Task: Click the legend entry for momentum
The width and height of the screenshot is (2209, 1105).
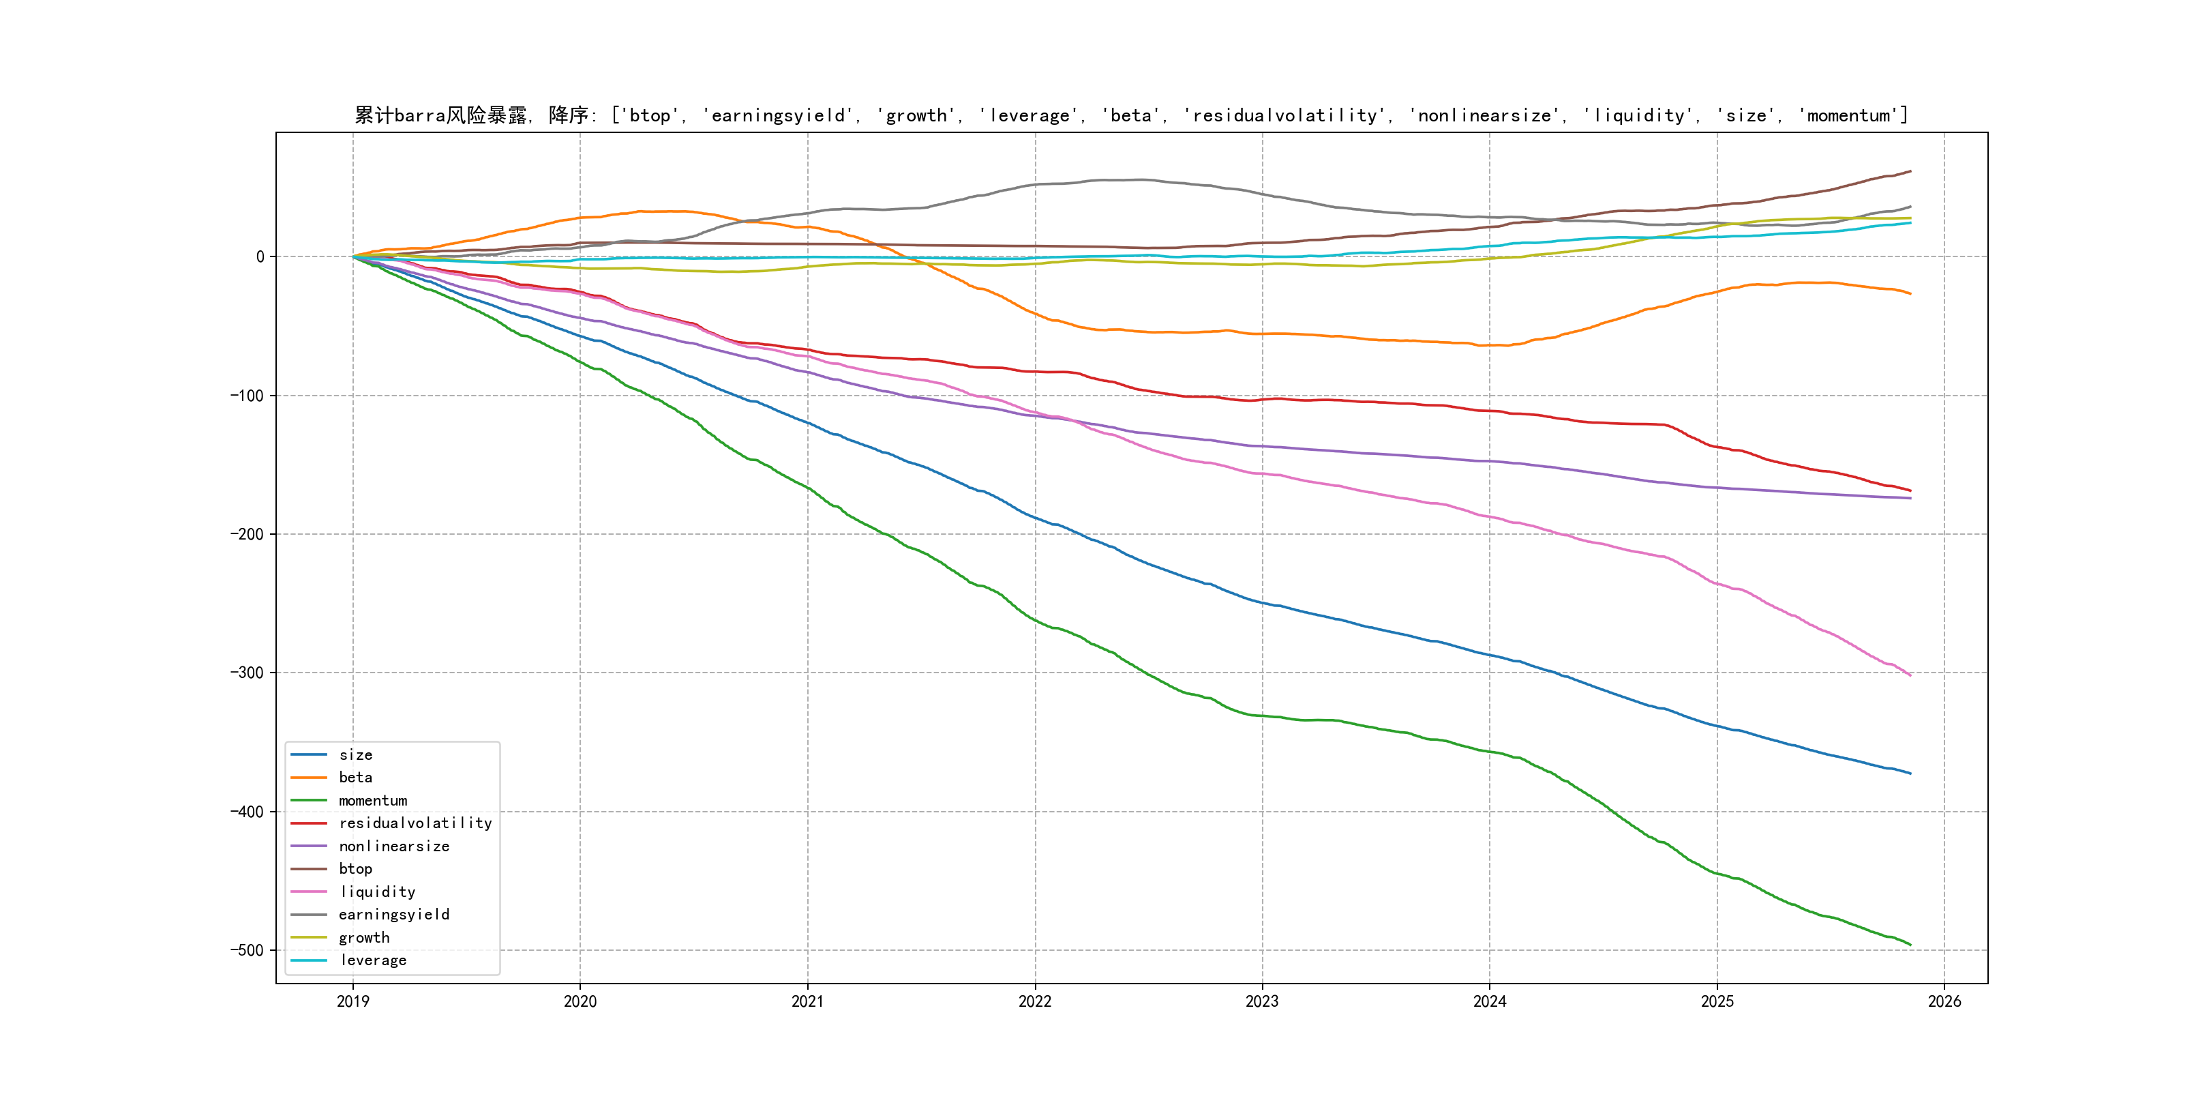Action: coord(372,800)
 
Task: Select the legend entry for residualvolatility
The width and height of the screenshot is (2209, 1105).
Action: coord(415,823)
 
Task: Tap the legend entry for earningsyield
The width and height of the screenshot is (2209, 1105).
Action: coord(393,915)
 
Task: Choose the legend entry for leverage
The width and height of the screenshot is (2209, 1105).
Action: coord(372,960)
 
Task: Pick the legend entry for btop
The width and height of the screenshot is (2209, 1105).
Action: coord(355,869)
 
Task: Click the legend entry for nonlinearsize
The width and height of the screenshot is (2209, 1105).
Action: coord(393,846)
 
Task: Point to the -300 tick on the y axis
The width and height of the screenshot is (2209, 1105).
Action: coord(247,673)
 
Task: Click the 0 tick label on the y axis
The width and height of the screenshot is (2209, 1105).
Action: coord(260,256)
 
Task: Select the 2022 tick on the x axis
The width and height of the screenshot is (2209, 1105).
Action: coord(1035,1001)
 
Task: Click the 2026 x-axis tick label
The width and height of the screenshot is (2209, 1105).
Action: coord(1944,1001)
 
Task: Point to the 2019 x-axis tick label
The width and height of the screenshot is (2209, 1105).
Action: coord(352,1001)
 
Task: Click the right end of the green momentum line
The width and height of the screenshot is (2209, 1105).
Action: coord(1910,945)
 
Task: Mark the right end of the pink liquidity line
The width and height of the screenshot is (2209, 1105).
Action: coord(1910,675)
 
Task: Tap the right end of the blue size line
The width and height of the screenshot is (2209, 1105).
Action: coord(1910,773)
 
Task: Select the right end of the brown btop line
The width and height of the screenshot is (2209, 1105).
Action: coord(1910,172)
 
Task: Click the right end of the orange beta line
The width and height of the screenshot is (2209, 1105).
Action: coord(1910,293)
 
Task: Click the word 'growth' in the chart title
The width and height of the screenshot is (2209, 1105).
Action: coord(916,116)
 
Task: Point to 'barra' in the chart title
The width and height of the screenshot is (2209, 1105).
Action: coord(419,116)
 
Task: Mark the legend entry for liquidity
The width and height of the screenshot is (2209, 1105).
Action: coord(376,892)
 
